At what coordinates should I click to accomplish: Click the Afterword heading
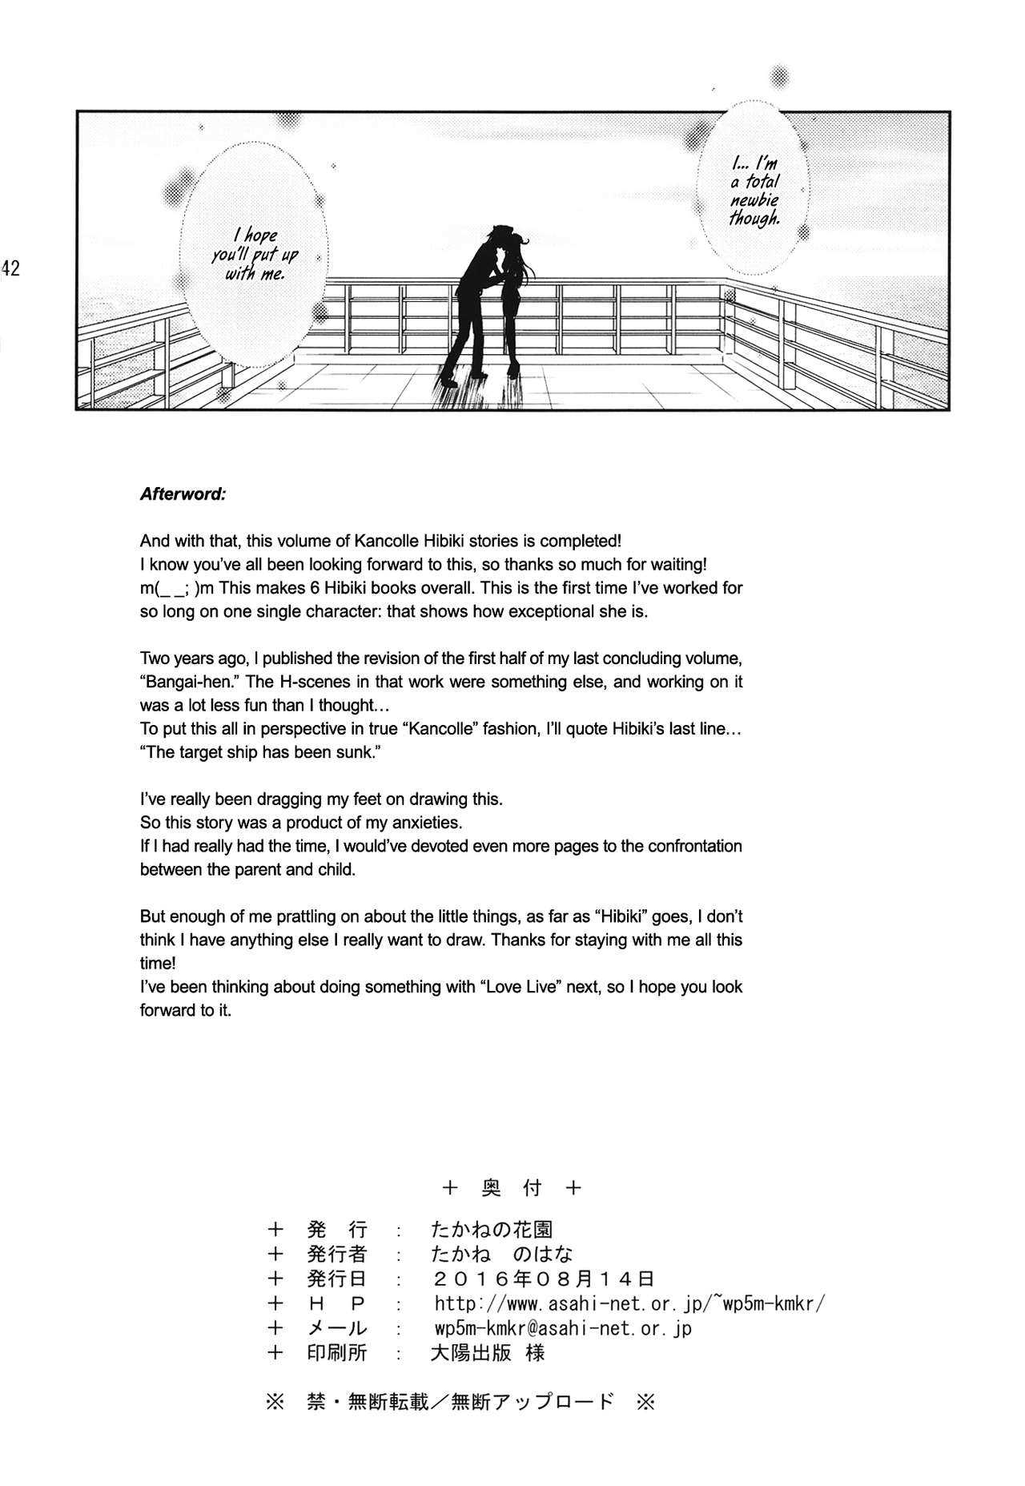(x=183, y=494)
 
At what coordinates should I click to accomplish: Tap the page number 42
(x=10, y=268)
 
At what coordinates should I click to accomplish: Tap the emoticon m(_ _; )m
(x=177, y=588)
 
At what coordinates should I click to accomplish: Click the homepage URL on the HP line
(x=629, y=1303)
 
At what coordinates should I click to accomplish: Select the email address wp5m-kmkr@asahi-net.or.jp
(x=562, y=1328)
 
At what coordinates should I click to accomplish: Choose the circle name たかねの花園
(x=491, y=1229)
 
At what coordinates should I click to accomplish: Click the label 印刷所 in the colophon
(x=336, y=1353)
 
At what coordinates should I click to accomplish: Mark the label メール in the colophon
(x=336, y=1328)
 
